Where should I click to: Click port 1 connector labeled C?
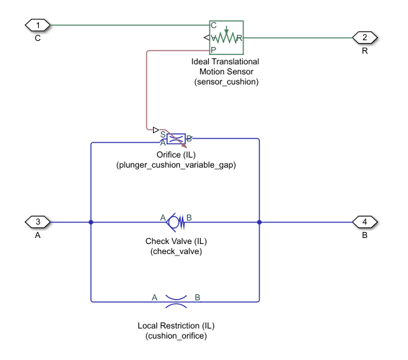coord(38,25)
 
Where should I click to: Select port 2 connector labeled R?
coord(364,38)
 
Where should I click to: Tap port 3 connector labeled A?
coord(38,222)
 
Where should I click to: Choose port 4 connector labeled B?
coord(365,222)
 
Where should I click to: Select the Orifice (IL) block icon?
coord(176,139)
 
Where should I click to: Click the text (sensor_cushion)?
coord(225,82)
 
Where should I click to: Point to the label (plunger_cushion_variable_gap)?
coord(176,165)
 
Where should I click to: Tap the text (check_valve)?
coord(176,251)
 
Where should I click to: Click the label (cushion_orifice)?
coord(176,336)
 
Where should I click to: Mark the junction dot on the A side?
coord(91,222)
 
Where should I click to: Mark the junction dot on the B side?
coord(259,222)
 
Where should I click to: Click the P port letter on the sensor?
coord(213,50)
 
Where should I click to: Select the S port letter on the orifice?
coord(163,133)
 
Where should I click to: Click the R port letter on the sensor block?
coord(239,38)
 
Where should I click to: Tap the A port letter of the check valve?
coord(162,217)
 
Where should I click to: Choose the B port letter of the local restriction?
coord(197,296)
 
